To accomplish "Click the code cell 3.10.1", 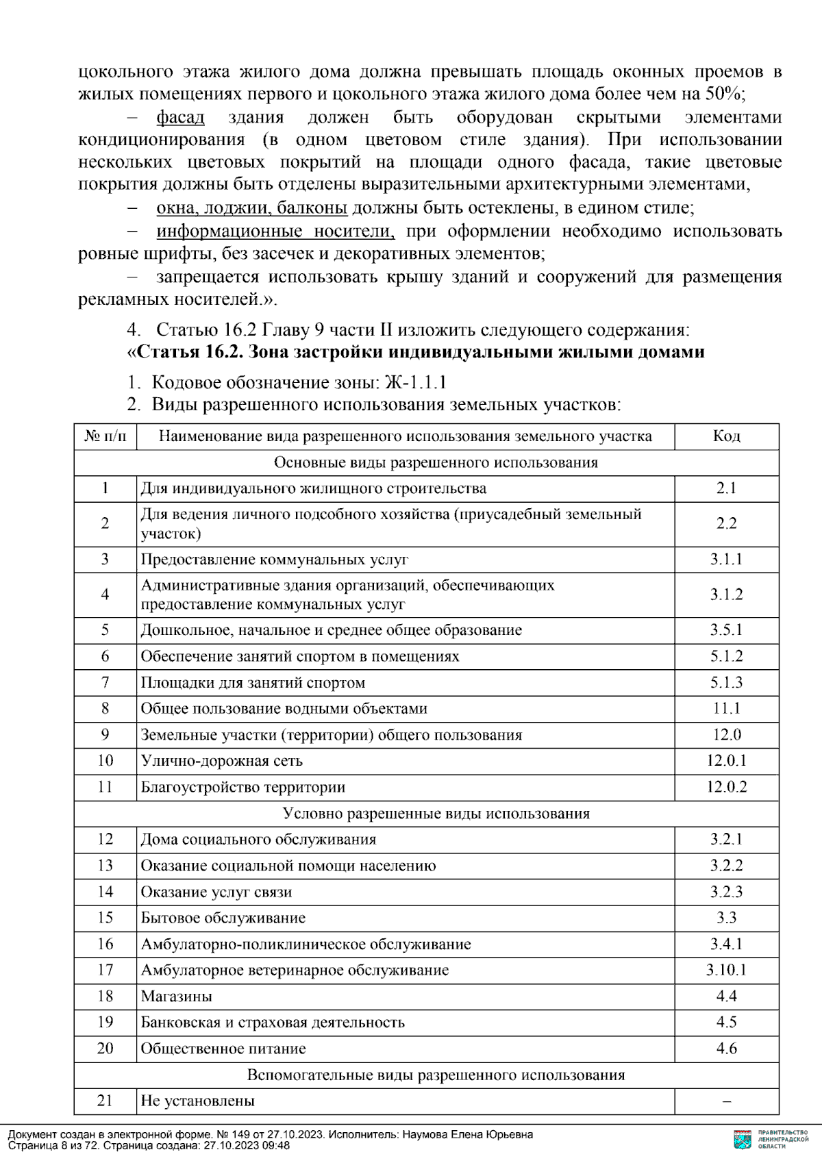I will (726, 970).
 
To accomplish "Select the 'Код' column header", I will (726, 436).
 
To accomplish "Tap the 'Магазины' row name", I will (176, 997).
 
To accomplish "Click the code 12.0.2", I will (726, 787).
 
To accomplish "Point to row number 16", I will (105, 944).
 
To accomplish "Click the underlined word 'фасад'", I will (180, 117).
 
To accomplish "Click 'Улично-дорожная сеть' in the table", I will (221, 761).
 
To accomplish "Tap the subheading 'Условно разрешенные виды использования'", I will (436, 814).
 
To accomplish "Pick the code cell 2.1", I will (726, 488).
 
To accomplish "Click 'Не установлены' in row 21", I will (197, 1101).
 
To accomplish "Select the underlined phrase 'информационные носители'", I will (275, 231).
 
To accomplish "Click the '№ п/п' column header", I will (105, 436).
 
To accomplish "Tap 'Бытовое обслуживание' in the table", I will (223, 918).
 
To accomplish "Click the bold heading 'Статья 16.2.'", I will (184, 352).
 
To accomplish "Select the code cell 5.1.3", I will (726, 682).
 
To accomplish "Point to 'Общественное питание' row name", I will (223, 1049).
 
